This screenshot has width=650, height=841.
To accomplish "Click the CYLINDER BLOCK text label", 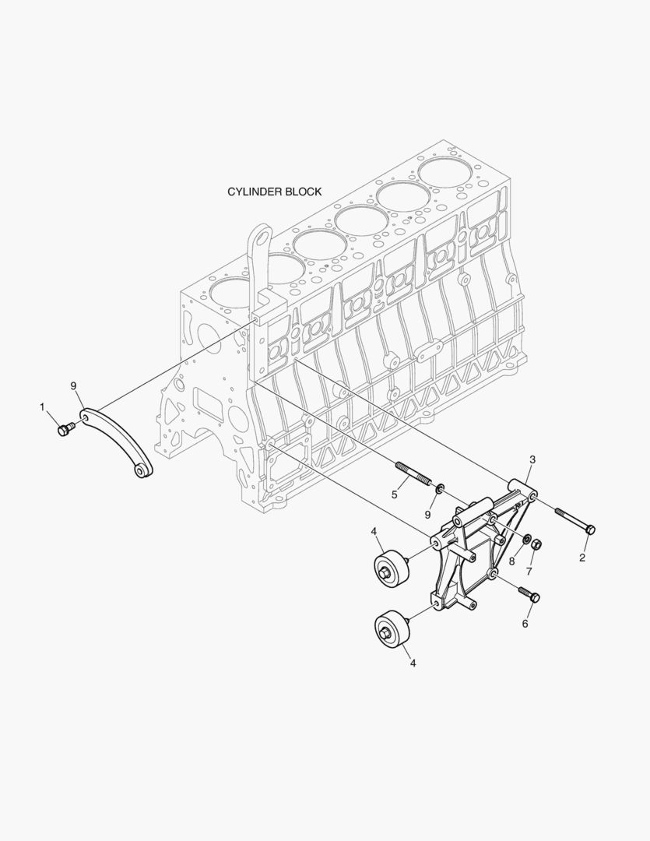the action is click(274, 192).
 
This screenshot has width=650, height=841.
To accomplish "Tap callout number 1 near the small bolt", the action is click(42, 407).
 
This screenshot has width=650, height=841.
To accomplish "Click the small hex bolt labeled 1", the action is click(65, 429).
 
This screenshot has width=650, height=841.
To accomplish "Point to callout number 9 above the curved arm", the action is click(74, 385).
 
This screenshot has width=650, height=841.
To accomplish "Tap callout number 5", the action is click(395, 494).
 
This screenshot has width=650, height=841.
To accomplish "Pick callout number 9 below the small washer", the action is click(428, 515).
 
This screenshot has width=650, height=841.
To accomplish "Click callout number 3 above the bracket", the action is click(532, 459).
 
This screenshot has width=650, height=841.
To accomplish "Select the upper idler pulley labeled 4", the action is click(392, 568).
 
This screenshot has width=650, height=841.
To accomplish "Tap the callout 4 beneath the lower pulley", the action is click(413, 663).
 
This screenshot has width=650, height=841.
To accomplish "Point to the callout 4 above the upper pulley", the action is click(374, 531).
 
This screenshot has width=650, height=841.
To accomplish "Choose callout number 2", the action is click(582, 558).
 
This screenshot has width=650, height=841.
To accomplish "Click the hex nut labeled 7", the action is click(537, 544).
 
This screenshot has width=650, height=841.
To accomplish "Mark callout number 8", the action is click(511, 561).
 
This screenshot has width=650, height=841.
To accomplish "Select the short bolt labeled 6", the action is click(529, 594).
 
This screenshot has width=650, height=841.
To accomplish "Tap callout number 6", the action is click(525, 624).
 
